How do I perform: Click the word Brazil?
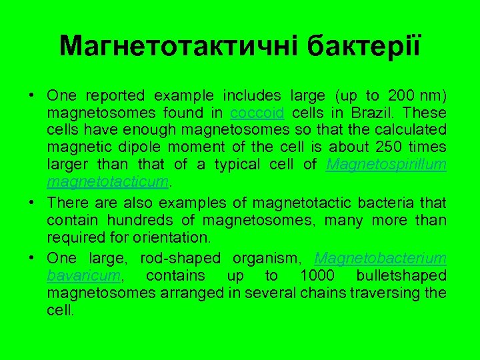360,113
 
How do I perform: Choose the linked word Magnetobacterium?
380,259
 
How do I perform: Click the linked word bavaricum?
77,276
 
